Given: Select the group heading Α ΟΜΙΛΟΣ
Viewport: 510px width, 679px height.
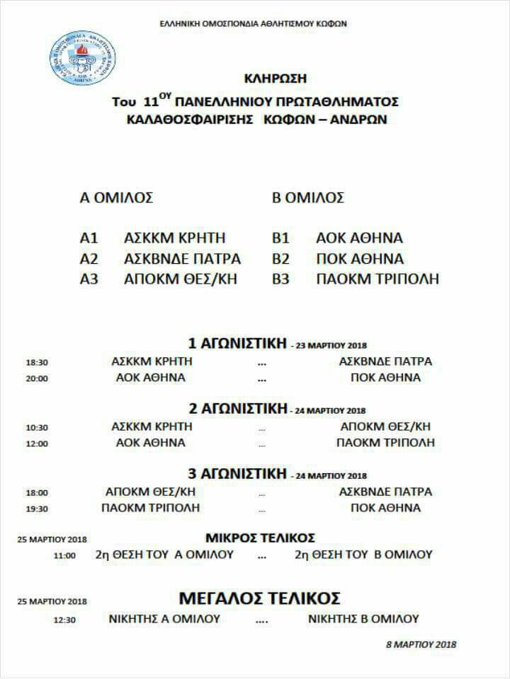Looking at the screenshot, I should click(116, 198).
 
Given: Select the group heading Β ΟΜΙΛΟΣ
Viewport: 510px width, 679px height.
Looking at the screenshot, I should click(308, 198).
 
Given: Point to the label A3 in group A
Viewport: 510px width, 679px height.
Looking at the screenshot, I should click(89, 279).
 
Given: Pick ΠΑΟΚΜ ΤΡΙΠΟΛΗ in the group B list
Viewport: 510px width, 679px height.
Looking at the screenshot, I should click(377, 279).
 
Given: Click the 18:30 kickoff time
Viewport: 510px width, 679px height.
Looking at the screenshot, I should click(36, 362).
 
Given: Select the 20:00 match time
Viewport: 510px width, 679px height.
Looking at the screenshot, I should click(36, 378).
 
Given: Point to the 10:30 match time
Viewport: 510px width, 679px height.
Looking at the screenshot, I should click(36, 428).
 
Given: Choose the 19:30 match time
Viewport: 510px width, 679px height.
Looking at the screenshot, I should click(36, 509).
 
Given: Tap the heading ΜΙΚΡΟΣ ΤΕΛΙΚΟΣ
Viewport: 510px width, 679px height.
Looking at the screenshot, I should click(260, 538).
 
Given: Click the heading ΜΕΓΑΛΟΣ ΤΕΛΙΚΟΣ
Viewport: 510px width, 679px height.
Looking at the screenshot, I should click(260, 598).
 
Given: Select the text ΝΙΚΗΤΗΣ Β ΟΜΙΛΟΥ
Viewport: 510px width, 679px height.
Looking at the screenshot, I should click(363, 619).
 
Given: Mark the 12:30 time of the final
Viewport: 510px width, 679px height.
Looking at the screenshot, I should click(64, 620).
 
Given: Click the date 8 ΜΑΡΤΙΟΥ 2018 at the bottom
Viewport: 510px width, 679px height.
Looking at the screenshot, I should click(421, 644).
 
